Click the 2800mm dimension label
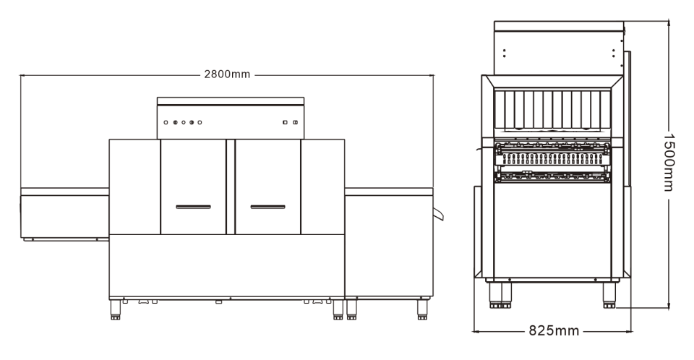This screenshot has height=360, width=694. (x=227, y=74)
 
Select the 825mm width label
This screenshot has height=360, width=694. (x=554, y=330)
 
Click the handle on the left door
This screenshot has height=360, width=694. (x=194, y=207)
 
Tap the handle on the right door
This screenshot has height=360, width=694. (x=267, y=207)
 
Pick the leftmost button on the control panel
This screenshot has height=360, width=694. (x=166, y=122)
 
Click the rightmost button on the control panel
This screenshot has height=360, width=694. (x=295, y=122)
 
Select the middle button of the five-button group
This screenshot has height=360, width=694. (x=183, y=122)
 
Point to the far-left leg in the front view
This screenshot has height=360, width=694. (x=116, y=309)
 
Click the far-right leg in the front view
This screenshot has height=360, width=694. (x=422, y=309)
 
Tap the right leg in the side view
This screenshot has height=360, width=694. (x=609, y=295)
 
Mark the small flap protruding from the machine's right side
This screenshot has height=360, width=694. (x=438, y=214)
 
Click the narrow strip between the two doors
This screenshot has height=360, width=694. (x=230, y=187)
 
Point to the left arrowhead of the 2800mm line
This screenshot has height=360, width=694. (x=22, y=75)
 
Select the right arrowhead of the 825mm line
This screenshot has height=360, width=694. (x=629, y=331)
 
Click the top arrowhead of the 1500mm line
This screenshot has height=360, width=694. (x=669, y=23)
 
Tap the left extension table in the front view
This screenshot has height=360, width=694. (x=64, y=215)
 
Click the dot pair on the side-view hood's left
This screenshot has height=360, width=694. (x=504, y=53)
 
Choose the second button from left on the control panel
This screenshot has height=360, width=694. (x=175, y=122)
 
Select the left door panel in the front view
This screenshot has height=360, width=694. (x=194, y=187)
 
